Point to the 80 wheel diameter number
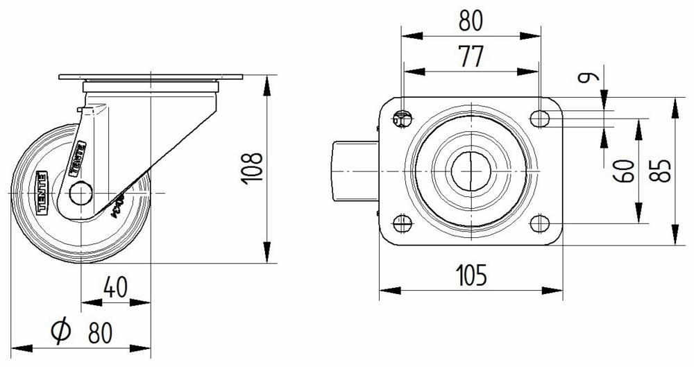(x=101, y=333)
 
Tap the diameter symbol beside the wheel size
(x=61, y=332)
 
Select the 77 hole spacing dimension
(x=471, y=57)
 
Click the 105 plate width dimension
(x=471, y=275)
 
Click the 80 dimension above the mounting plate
(x=471, y=22)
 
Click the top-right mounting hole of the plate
(x=539, y=119)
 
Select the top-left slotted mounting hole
(x=403, y=119)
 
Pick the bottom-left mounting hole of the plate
(x=403, y=223)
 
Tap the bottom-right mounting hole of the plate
(x=539, y=223)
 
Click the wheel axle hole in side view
(x=81, y=192)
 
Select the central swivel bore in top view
(x=471, y=171)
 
